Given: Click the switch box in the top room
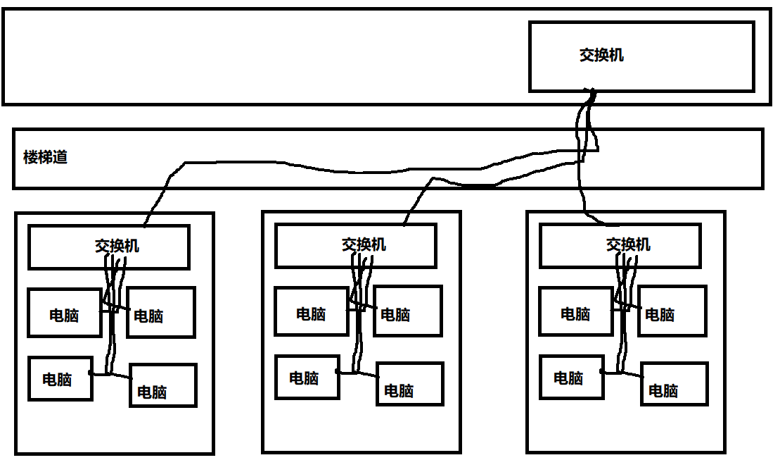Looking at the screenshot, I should [641, 56].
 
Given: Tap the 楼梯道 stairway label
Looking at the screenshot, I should [45, 157].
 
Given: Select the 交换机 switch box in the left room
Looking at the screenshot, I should [109, 247].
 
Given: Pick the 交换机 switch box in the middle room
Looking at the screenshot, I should [356, 246].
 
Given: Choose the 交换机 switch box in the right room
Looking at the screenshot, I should [620, 246].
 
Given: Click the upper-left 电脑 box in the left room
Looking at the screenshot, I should [64, 312].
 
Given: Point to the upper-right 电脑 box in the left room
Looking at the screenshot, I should [161, 312].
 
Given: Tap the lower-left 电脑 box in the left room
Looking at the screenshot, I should [60, 378].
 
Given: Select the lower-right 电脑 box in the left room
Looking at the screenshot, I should [163, 385].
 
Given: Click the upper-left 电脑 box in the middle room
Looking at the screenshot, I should [311, 311].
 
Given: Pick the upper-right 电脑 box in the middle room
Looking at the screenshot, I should [408, 311].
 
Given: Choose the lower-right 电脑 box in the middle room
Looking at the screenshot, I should [410, 384].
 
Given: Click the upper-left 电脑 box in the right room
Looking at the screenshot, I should [575, 311].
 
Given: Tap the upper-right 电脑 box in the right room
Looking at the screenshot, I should [672, 311].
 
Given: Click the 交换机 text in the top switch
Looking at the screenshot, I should [601, 55].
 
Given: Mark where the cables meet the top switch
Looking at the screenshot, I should [592, 94].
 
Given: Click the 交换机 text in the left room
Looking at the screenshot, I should [117, 246].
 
